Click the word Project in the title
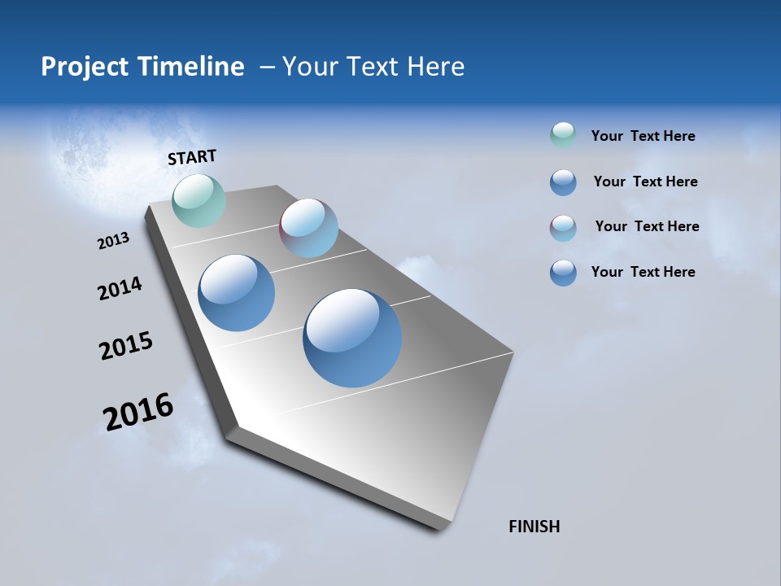pyautogui.click(x=84, y=67)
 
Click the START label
pyautogui.click(x=192, y=157)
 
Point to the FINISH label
pyautogui.click(x=534, y=527)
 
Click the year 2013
pyautogui.click(x=113, y=241)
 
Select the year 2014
pyautogui.click(x=120, y=288)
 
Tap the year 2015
pyautogui.click(x=126, y=346)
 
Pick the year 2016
pyautogui.click(x=138, y=412)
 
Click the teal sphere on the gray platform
pyautogui.click(x=199, y=200)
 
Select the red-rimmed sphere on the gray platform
pyautogui.click(x=308, y=228)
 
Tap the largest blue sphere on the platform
pyautogui.click(x=352, y=337)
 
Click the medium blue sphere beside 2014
pyautogui.click(x=236, y=293)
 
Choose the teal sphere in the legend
pyautogui.click(x=563, y=135)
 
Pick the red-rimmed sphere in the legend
pyautogui.click(x=563, y=228)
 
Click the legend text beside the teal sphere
pyautogui.click(x=643, y=136)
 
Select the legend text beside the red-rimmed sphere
pyautogui.click(x=647, y=226)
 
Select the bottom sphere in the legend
pyautogui.click(x=563, y=273)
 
